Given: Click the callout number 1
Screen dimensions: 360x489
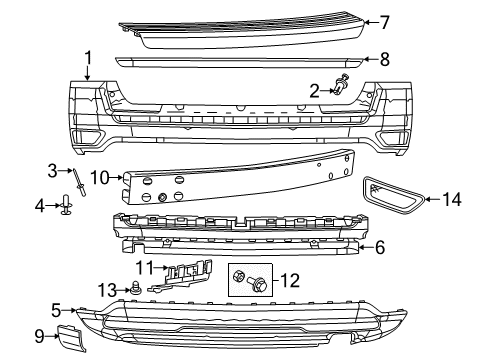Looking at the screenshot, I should [x=88, y=58].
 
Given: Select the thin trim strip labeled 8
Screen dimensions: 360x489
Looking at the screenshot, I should [x=240, y=62].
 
